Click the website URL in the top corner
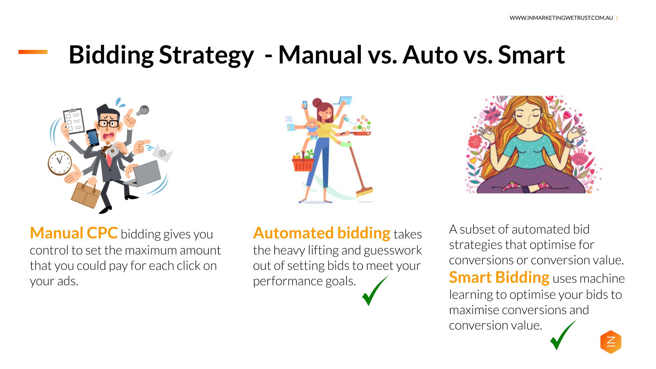[561, 18]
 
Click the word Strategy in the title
[206, 55]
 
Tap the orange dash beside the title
[33, 52]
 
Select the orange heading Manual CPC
[74, 233]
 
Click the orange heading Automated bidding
[322, 233]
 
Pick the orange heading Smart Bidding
[499, 277]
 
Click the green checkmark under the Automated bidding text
[374, 291]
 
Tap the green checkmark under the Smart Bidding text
[562, 336]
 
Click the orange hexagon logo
[611, 342]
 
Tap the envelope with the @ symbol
[162, 153]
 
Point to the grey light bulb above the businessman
[143, 110]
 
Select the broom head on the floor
[365, 191]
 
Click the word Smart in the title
[531, 55]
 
